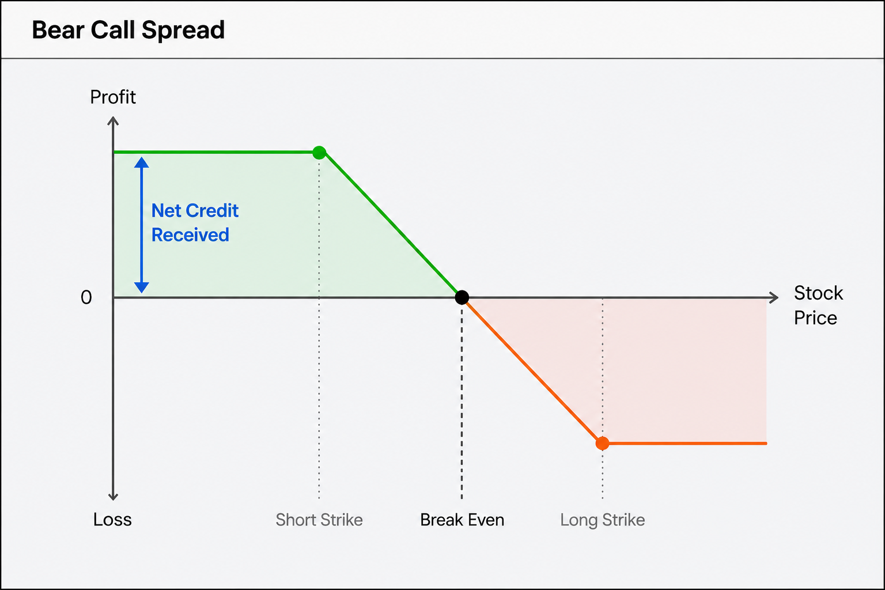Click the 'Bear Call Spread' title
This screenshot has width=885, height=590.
click(128, 30)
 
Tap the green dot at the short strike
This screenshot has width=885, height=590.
click(319, 152)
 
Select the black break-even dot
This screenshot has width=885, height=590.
click(462, 297)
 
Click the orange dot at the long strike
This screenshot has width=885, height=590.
click(602, 444)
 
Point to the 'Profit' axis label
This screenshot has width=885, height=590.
click(113, 97)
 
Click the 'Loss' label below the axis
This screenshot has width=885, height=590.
click(112, 519)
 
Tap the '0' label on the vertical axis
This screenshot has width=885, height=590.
click(86, 297)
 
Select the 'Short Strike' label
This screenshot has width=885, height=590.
click(319, 520)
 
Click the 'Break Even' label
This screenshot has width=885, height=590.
click(462, 520)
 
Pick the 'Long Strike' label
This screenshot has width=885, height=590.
click(602, 520)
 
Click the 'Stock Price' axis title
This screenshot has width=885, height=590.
click(818, 305)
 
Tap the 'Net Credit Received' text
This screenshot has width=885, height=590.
click(195, 222)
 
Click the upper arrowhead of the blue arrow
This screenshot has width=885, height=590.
click(141, 162)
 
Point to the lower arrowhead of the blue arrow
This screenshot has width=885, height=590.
click(141, 288)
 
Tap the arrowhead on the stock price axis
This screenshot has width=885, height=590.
click(774, 297)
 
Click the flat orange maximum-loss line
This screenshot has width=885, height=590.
click(684, 444)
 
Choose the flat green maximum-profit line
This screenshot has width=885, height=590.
click(217, 152)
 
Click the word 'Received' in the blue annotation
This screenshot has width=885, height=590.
click(190, 235)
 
